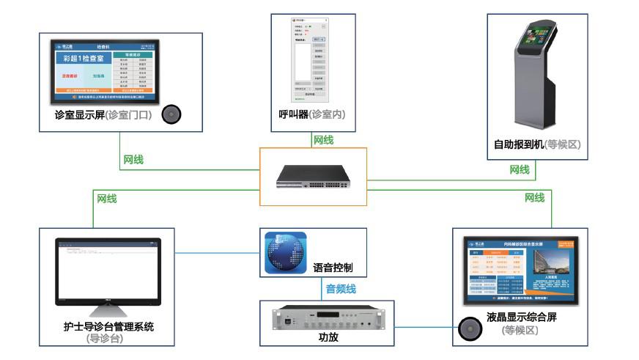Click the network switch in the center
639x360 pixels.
(x=313, y=177)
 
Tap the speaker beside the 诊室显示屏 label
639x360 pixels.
(x=171, y=114)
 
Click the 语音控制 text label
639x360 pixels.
(x=334, y=268)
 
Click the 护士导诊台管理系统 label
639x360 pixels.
(x=108, y=326)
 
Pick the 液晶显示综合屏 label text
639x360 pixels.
(x=520, y=318)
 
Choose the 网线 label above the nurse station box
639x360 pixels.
(x=107, y=198)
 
